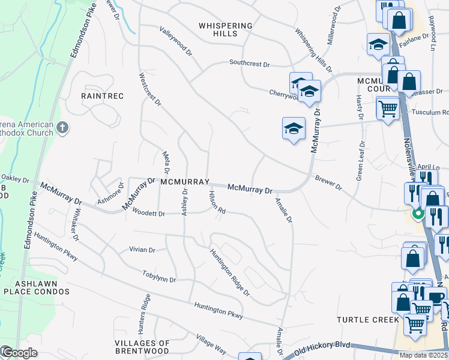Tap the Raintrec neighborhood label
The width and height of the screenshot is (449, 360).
(x=102, y=96)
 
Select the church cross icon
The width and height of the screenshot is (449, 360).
(x=62, y=127)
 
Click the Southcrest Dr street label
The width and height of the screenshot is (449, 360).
(x=250, y=63)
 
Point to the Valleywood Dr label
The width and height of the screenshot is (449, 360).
(x=176, y=41)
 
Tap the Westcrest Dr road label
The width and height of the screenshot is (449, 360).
(x=150, y=89)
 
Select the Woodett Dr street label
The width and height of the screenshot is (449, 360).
(x=148, y=212)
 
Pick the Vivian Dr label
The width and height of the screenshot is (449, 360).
(x=142, y=250)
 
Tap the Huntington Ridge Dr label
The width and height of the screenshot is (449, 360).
(x=229, y=272)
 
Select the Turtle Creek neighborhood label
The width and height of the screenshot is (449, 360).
(x=368, y=319)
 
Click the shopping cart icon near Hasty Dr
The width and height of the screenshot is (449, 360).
(x=388, y=109)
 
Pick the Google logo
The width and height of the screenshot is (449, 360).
(x=19, y=353)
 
